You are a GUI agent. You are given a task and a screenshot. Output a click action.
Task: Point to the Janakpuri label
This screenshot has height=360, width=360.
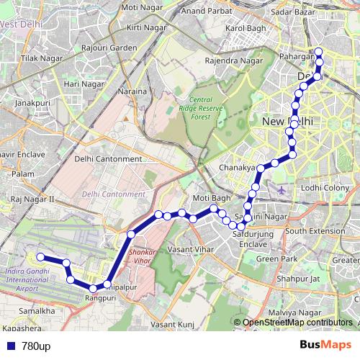31,103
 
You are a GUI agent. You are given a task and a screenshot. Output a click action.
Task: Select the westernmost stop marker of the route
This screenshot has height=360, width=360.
41,257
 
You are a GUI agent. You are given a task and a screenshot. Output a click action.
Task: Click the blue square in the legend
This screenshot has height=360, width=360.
9,347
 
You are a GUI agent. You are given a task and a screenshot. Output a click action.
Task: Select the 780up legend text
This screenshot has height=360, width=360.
35,347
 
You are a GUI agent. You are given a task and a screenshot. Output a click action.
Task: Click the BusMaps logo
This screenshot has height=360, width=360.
325,346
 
